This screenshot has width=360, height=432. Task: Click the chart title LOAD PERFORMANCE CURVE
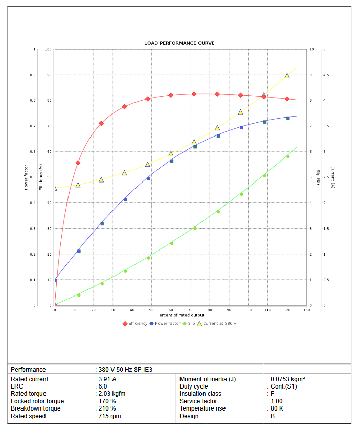(x=179, y=43)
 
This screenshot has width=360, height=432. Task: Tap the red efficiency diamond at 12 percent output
(x=78, y=163)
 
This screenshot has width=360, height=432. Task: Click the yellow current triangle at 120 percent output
(x=287, y=76)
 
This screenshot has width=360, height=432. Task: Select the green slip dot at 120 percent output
(x=288, y=156)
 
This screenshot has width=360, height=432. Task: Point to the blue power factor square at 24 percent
(x=102, y=224)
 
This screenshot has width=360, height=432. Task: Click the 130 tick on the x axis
(x=306, y=310)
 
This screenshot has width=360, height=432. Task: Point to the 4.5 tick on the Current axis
(x=326, y=75)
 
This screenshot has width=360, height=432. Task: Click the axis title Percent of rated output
(x=180, y=315)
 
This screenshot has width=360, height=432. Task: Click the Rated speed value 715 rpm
(x=110, y=416)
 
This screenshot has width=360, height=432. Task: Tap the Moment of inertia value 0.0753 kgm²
(x=288, y=379)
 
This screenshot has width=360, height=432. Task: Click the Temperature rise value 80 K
(x=278, y=408)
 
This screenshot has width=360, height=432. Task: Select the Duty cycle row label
(x=194, y=386)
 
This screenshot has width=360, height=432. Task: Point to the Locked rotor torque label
(x=37, y=401)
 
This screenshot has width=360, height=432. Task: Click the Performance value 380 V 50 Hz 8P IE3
(x=125, y=369)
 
